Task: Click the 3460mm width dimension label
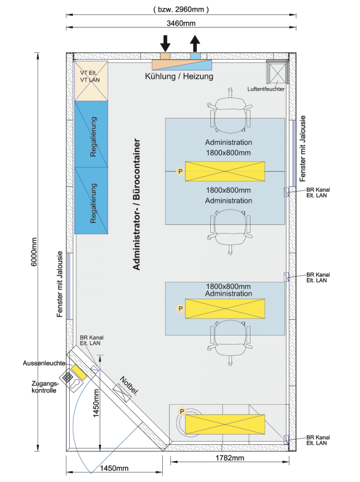tap(181, 23)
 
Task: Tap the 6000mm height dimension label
tap(34, 252)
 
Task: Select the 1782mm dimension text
tap(230, 458)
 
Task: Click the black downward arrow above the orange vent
tap(165, 43)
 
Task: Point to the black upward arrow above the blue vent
tap(195, 43)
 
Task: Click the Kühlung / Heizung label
tap(179, 76)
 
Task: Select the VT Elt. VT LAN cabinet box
tap(91, 81)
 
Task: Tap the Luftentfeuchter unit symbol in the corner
tap(278, 72)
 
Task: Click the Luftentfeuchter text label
tap(266, 89)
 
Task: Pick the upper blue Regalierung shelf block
tap(91, 134)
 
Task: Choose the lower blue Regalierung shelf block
tap(91, 201)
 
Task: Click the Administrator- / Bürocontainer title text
tap(136, 204)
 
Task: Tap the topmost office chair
tap(230, 112)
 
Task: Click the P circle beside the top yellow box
tap(180, 171)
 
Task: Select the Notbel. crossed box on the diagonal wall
tap(122, 393)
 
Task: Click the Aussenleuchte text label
tap(44, 363)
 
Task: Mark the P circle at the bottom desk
tap(182, 411)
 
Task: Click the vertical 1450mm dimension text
tap(96, 403)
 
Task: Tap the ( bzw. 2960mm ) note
tap(181, 9)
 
